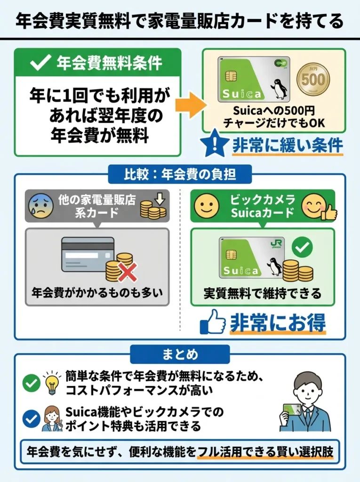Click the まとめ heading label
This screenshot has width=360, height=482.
180,354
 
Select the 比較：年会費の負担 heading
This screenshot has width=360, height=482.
180,175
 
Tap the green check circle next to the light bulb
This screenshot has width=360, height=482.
31,383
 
